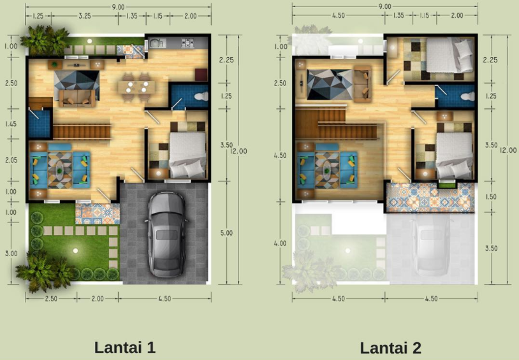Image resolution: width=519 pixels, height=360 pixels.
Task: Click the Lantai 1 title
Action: pyautogui.click(x=125, y=347)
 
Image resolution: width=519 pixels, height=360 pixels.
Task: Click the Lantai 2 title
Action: pyautogui.click(x=391, y=348)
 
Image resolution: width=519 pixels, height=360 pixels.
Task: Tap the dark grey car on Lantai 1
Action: pyautogui.click(x=167, y=234)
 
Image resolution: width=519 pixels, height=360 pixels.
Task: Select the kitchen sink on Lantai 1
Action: pyautogui.click(x=157, y=43)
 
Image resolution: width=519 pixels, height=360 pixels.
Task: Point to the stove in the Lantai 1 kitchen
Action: pyautogui.click(x=187, y=43)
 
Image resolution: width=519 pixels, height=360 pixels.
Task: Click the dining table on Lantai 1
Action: pyautogui.click(x=136, y=87)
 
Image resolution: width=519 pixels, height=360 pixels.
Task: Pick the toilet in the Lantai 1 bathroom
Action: pyautogui.click(x=201, y=97)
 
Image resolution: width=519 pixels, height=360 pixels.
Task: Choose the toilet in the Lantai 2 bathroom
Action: pyautogui.click(x=468, y=97)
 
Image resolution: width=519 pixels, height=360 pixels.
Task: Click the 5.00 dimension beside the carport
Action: pyautogui.click(x=226, y=233)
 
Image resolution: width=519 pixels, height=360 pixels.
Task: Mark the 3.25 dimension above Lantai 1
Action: pyautogui.click(x=85, y=15)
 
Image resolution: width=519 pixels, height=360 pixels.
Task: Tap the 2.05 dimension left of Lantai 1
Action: pyautogui.click(x=11, y=160)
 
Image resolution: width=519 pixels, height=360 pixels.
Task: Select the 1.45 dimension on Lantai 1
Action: pyautogui.click(x=11, y=124)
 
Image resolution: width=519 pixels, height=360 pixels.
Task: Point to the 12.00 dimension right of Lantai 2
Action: pyautogui.click(x=508, y=150)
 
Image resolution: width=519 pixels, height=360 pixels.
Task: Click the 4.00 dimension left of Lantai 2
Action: pyautogui.click(x=280, y=243)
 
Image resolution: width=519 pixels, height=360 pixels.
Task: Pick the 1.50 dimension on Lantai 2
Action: pyautogui.click(x=491, y=196)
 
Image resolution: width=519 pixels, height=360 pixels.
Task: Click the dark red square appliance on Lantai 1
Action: pyautogui.click(x=201, y=75)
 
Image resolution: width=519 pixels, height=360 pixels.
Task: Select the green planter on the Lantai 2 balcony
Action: pyautogui.click(x=447, y=185)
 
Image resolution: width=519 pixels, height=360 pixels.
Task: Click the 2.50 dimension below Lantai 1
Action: pyautogui.click(x=51, y=298)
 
